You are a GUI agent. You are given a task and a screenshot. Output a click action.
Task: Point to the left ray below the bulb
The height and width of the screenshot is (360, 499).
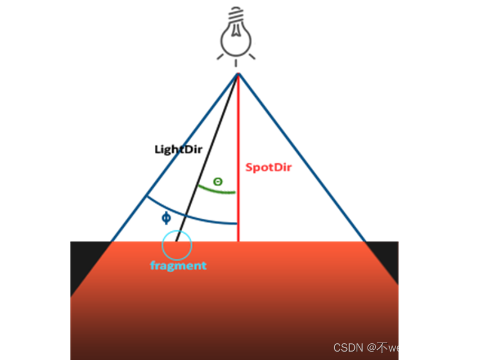coord(221,57)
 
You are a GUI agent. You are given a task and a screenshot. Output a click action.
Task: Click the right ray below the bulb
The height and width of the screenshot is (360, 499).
coord(252,56)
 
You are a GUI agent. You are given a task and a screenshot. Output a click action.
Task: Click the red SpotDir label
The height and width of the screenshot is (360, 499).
coord(268,168)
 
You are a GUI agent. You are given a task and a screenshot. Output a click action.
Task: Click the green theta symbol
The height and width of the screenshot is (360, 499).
coord(218,181)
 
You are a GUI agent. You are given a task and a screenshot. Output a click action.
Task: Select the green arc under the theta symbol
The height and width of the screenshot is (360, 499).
coord(217,191)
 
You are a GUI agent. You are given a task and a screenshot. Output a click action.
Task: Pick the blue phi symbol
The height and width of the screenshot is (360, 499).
coord(166,218)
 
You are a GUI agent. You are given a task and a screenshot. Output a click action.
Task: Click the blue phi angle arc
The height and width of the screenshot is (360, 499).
coord(197,217)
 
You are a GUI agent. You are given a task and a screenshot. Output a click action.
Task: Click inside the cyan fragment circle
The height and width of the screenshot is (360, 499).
coord(177,245)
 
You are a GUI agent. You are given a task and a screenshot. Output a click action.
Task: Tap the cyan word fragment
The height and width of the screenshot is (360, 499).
coord(178,266)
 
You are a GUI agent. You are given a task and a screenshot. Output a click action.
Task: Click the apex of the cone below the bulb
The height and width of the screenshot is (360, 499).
coord(238,74)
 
